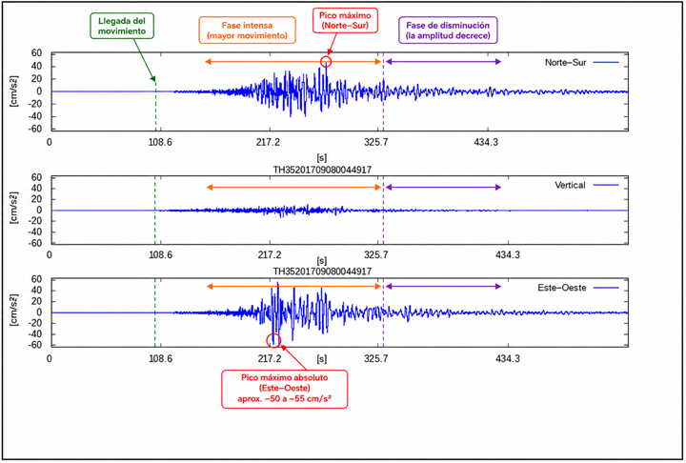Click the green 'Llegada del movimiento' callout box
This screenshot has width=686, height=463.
[122, 26]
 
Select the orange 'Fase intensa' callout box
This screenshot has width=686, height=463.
[247, 30]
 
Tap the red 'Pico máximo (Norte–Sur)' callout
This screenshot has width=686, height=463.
[345, 20]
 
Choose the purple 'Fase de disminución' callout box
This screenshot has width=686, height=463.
[448, 30]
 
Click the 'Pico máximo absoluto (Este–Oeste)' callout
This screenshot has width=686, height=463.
[284, 389]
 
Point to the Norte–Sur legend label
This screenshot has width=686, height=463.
[565, 63]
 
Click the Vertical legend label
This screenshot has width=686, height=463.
[570, 185]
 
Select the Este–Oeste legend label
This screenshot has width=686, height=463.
[562, 288]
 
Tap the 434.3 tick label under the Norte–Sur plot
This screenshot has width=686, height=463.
[486, 142]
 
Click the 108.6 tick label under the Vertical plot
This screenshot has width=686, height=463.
[160, 254]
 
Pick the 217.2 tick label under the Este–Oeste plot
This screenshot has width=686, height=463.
[269, 358]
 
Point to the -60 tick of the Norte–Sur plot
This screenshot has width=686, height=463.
[36, 130]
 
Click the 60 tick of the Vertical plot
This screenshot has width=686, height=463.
[37, 177]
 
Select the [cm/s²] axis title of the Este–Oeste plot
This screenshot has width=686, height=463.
[14, 310]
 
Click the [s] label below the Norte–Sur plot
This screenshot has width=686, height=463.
[322, 157]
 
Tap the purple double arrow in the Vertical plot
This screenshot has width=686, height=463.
[443, 188]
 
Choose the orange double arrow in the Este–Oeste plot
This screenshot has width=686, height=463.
[294, 287]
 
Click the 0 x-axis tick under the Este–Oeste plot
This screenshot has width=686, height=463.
[49, 358]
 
